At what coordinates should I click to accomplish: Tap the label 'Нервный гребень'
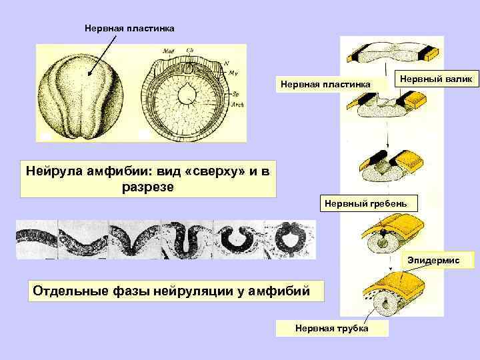tap(369, 202)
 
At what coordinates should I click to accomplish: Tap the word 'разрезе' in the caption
tap(147, 187)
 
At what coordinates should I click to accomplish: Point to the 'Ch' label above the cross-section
tap(190, 51)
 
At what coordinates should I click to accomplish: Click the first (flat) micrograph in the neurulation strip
tap(37, 239)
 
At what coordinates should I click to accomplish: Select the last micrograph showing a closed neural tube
tap(290, 239)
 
